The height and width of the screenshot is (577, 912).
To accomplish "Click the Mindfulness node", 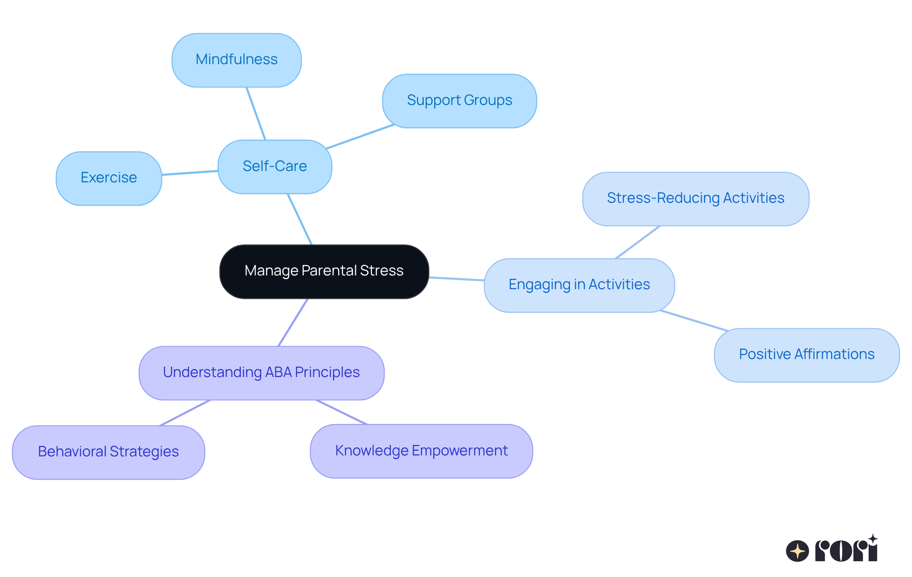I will pos(237,60).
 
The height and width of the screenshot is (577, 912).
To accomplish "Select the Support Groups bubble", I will pos(459,101).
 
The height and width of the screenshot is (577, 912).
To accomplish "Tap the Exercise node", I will pos(109,178).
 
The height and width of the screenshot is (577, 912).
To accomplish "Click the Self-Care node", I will pos(275,167).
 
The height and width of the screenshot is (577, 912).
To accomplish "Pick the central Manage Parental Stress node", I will pos(324,271).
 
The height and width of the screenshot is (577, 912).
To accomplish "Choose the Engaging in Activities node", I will pos(579,285).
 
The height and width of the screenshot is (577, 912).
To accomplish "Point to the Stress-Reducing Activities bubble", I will pos(695,199).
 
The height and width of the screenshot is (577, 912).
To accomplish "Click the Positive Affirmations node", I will pos(807,355).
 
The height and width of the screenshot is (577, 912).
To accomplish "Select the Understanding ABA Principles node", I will pos(261,373).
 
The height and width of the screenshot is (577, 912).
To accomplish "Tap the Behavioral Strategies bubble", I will pos(108,452).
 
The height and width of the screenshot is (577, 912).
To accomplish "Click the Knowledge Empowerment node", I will pos(421,451).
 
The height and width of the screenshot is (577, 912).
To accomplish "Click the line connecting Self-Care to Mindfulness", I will pos(256,114).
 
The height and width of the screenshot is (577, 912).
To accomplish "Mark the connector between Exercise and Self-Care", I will pos(190,173).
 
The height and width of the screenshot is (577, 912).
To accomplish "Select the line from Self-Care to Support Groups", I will pos(360,137).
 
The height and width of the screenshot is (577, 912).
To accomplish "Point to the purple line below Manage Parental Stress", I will pos(293,322).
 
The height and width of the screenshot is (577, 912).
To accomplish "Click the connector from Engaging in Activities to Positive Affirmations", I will pos(693,321).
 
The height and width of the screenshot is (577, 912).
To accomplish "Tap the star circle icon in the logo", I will pos(797,551).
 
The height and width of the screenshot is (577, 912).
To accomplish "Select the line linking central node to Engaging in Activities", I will pos(456,279).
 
